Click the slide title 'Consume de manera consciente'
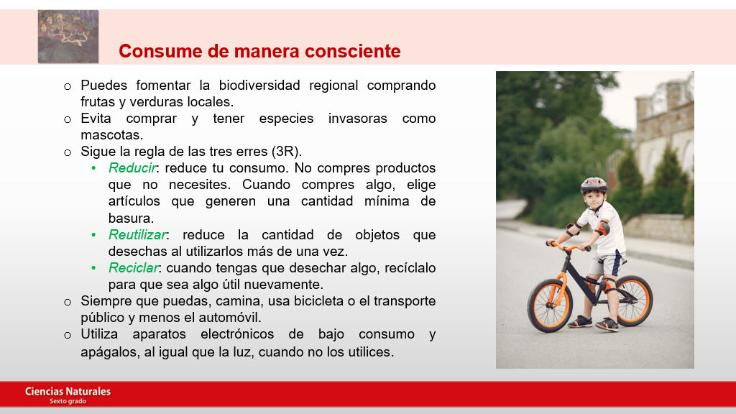tap(259, 51)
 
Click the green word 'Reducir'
tap(132, 168)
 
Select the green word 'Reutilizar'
tap(137, 235)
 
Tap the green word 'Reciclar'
tap(134, 267)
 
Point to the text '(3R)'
tap(285, 152)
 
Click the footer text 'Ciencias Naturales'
tap(68, 392)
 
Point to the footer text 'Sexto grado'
tap(68, 401)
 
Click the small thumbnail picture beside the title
tap(68, 37)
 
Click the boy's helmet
tap(594, 185)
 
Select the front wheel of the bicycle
tap(550, 305)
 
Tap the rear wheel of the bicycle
tap(633, 300)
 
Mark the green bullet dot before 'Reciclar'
tap(93, 268)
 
